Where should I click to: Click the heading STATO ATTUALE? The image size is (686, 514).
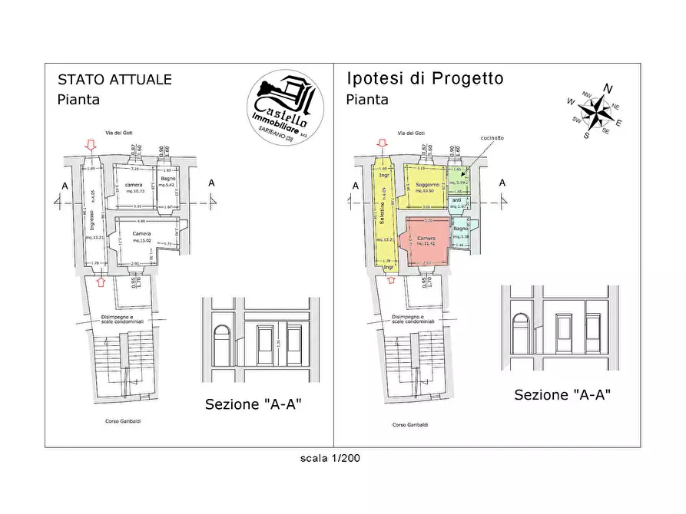pos(115,80)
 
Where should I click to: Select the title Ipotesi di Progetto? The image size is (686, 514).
pos(425,78)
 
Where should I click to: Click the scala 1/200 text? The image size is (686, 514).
pos(330,458)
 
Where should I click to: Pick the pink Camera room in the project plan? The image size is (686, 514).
pos(426,242)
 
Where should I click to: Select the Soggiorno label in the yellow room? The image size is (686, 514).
pos(427,186)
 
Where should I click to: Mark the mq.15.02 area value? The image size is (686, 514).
pos(141,241)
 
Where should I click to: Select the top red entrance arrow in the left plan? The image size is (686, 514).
pos(91,144)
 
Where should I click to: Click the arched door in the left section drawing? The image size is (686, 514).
pos(223,343)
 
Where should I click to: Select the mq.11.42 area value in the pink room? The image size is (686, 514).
pos(426,244)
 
